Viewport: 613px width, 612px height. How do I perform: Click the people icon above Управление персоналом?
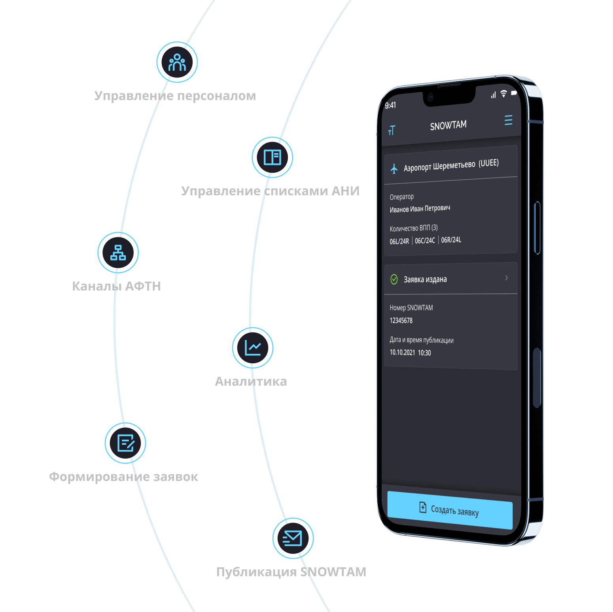pos(177,62)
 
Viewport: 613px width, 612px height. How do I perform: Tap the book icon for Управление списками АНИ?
pos(272,157)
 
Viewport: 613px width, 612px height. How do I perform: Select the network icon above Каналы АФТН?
pos(118,252)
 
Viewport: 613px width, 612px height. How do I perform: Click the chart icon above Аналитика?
pos(252,348)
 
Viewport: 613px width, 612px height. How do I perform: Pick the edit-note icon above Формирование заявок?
pos(125,443)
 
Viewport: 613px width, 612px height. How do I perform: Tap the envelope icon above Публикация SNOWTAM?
pos(293,538)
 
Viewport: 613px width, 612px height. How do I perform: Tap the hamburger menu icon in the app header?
pos(509,120)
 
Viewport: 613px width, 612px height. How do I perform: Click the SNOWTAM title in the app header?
pos(448,126)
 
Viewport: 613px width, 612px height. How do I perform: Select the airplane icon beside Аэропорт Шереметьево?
pos(394,168)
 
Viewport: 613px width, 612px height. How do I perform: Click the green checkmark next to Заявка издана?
pos(394,280)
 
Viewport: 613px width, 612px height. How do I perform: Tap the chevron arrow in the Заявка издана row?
pos(507,278)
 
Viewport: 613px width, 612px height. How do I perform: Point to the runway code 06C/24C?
pos(425,240)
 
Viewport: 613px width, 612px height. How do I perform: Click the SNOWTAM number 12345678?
pos(401,320)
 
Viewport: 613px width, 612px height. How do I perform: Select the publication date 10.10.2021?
pos(402,352)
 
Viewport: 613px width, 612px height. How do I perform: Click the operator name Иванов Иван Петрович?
pos(420,208)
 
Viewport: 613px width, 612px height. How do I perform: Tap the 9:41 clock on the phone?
pos(390,105)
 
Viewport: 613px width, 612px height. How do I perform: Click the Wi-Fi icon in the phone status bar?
pos(503,94)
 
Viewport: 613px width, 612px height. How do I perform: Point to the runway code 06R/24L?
pos(451,240)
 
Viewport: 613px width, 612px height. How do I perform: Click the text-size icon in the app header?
pos(392,130)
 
